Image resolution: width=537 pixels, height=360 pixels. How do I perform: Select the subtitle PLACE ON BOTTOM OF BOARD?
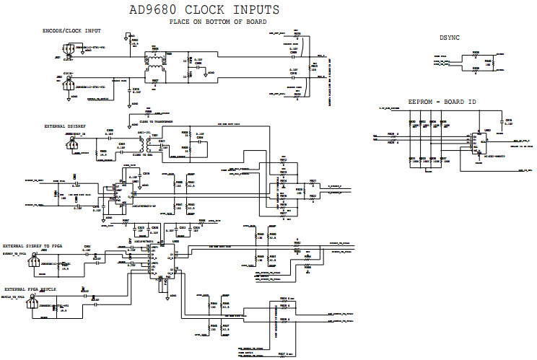click(x=218, y=22)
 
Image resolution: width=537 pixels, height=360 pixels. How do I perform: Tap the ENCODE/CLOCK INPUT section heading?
click(x=71, y=31)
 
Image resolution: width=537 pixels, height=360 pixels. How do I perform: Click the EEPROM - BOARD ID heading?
click(x=442, y=103)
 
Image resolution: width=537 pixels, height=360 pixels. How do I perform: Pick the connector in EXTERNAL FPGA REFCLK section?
click(x=32, y=304)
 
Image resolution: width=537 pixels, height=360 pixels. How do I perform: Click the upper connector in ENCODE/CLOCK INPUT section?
click(x=67, y=51)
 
